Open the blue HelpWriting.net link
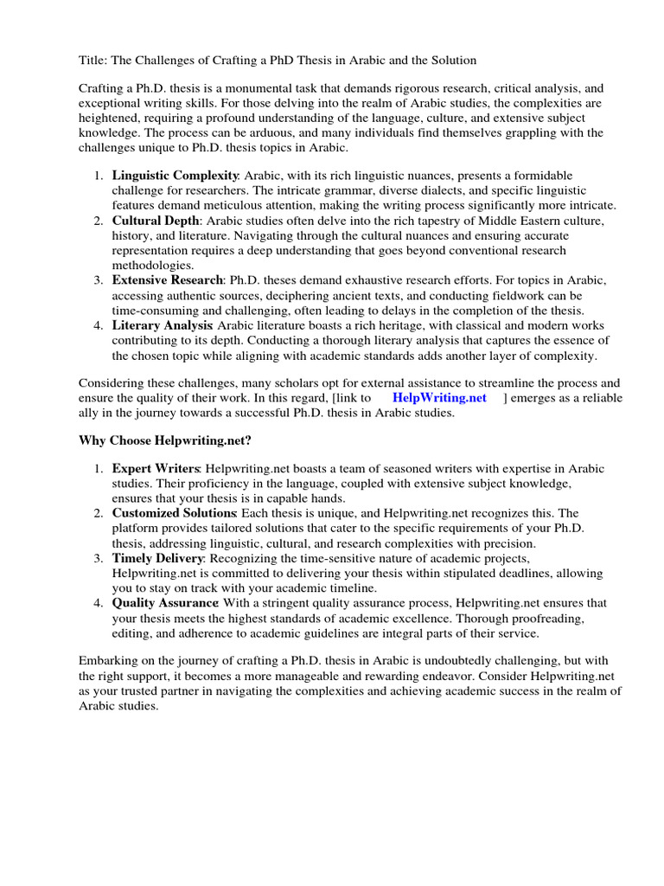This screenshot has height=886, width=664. coord(439,397)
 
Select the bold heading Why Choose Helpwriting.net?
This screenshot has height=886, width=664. coord(165,440)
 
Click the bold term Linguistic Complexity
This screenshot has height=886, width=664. coord(175,176)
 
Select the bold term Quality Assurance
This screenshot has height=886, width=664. coord(164,603)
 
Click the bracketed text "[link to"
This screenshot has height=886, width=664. coord(352,397)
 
